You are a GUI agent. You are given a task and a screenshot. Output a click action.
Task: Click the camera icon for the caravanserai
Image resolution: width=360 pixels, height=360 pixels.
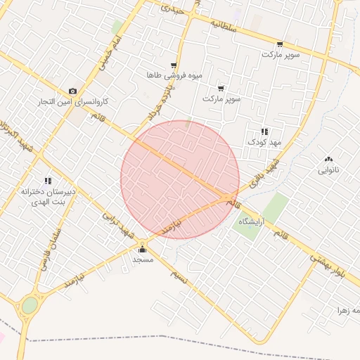click(x=72, y=91)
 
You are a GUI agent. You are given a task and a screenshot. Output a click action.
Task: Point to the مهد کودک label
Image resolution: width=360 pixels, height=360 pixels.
click(x=264, y=142)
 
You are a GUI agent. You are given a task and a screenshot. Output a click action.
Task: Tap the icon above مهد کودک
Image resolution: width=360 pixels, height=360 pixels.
click(x=264, y=131)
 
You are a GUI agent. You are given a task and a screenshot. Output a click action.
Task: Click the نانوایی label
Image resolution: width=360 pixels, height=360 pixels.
click(x=328, y=169)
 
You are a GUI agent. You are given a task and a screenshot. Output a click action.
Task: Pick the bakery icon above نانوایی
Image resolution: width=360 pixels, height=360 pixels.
click(x=328, y=159)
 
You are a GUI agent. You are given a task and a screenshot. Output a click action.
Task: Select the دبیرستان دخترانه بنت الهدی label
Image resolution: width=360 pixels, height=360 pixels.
click(x=48, y=195)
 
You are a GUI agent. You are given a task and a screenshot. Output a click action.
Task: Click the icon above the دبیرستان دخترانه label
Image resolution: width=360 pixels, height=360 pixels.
click(x=48, y=181)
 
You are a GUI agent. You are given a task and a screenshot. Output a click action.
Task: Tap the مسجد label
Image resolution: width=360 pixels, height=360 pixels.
click(x=143, y=259)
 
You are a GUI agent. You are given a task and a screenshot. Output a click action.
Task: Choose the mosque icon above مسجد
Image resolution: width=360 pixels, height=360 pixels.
click(x=143, y=249)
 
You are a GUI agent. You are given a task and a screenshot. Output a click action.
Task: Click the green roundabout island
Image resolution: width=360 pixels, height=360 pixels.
click(x=30, y=305)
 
